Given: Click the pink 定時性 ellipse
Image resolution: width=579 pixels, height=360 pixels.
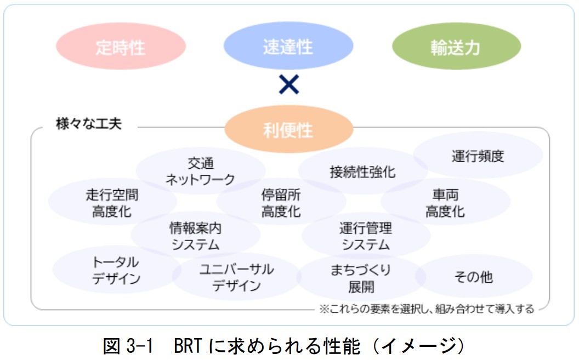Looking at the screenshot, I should pyautogui.click(x=121, y=47).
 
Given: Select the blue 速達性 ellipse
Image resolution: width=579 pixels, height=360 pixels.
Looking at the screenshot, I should pyautogui.click(x=288, y=47).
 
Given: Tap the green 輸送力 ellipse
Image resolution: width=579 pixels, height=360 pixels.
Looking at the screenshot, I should pyautogui.click(x=456, y=47).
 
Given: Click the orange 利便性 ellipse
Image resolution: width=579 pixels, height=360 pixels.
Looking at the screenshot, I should pyautogui.click(x=288, y=130).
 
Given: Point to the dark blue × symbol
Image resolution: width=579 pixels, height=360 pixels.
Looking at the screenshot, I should pyautogui.click(x=288, y=84).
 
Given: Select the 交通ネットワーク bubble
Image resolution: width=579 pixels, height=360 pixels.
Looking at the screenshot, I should pyautogui.click(x=200, y=171).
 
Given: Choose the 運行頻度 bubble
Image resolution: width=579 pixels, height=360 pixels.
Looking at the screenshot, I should pyautogui.click(x=478, y=156).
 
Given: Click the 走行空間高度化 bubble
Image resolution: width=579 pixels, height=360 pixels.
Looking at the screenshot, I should pyautogui.click(x=112, y=203).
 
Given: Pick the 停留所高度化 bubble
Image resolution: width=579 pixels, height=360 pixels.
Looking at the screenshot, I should pyautogui.click(x=281, y=203).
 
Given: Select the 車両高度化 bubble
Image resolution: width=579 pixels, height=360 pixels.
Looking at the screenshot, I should pyautogui.click(x=445, y=203).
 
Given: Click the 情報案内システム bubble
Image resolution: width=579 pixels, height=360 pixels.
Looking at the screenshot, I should pyautogui.click(x=195, y=236).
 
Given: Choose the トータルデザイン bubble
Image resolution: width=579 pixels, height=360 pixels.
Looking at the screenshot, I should pyautogui.click(x=116, y=270).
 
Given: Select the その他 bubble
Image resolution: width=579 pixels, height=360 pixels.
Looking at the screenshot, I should pyautogui.click(x=474, y=277).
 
